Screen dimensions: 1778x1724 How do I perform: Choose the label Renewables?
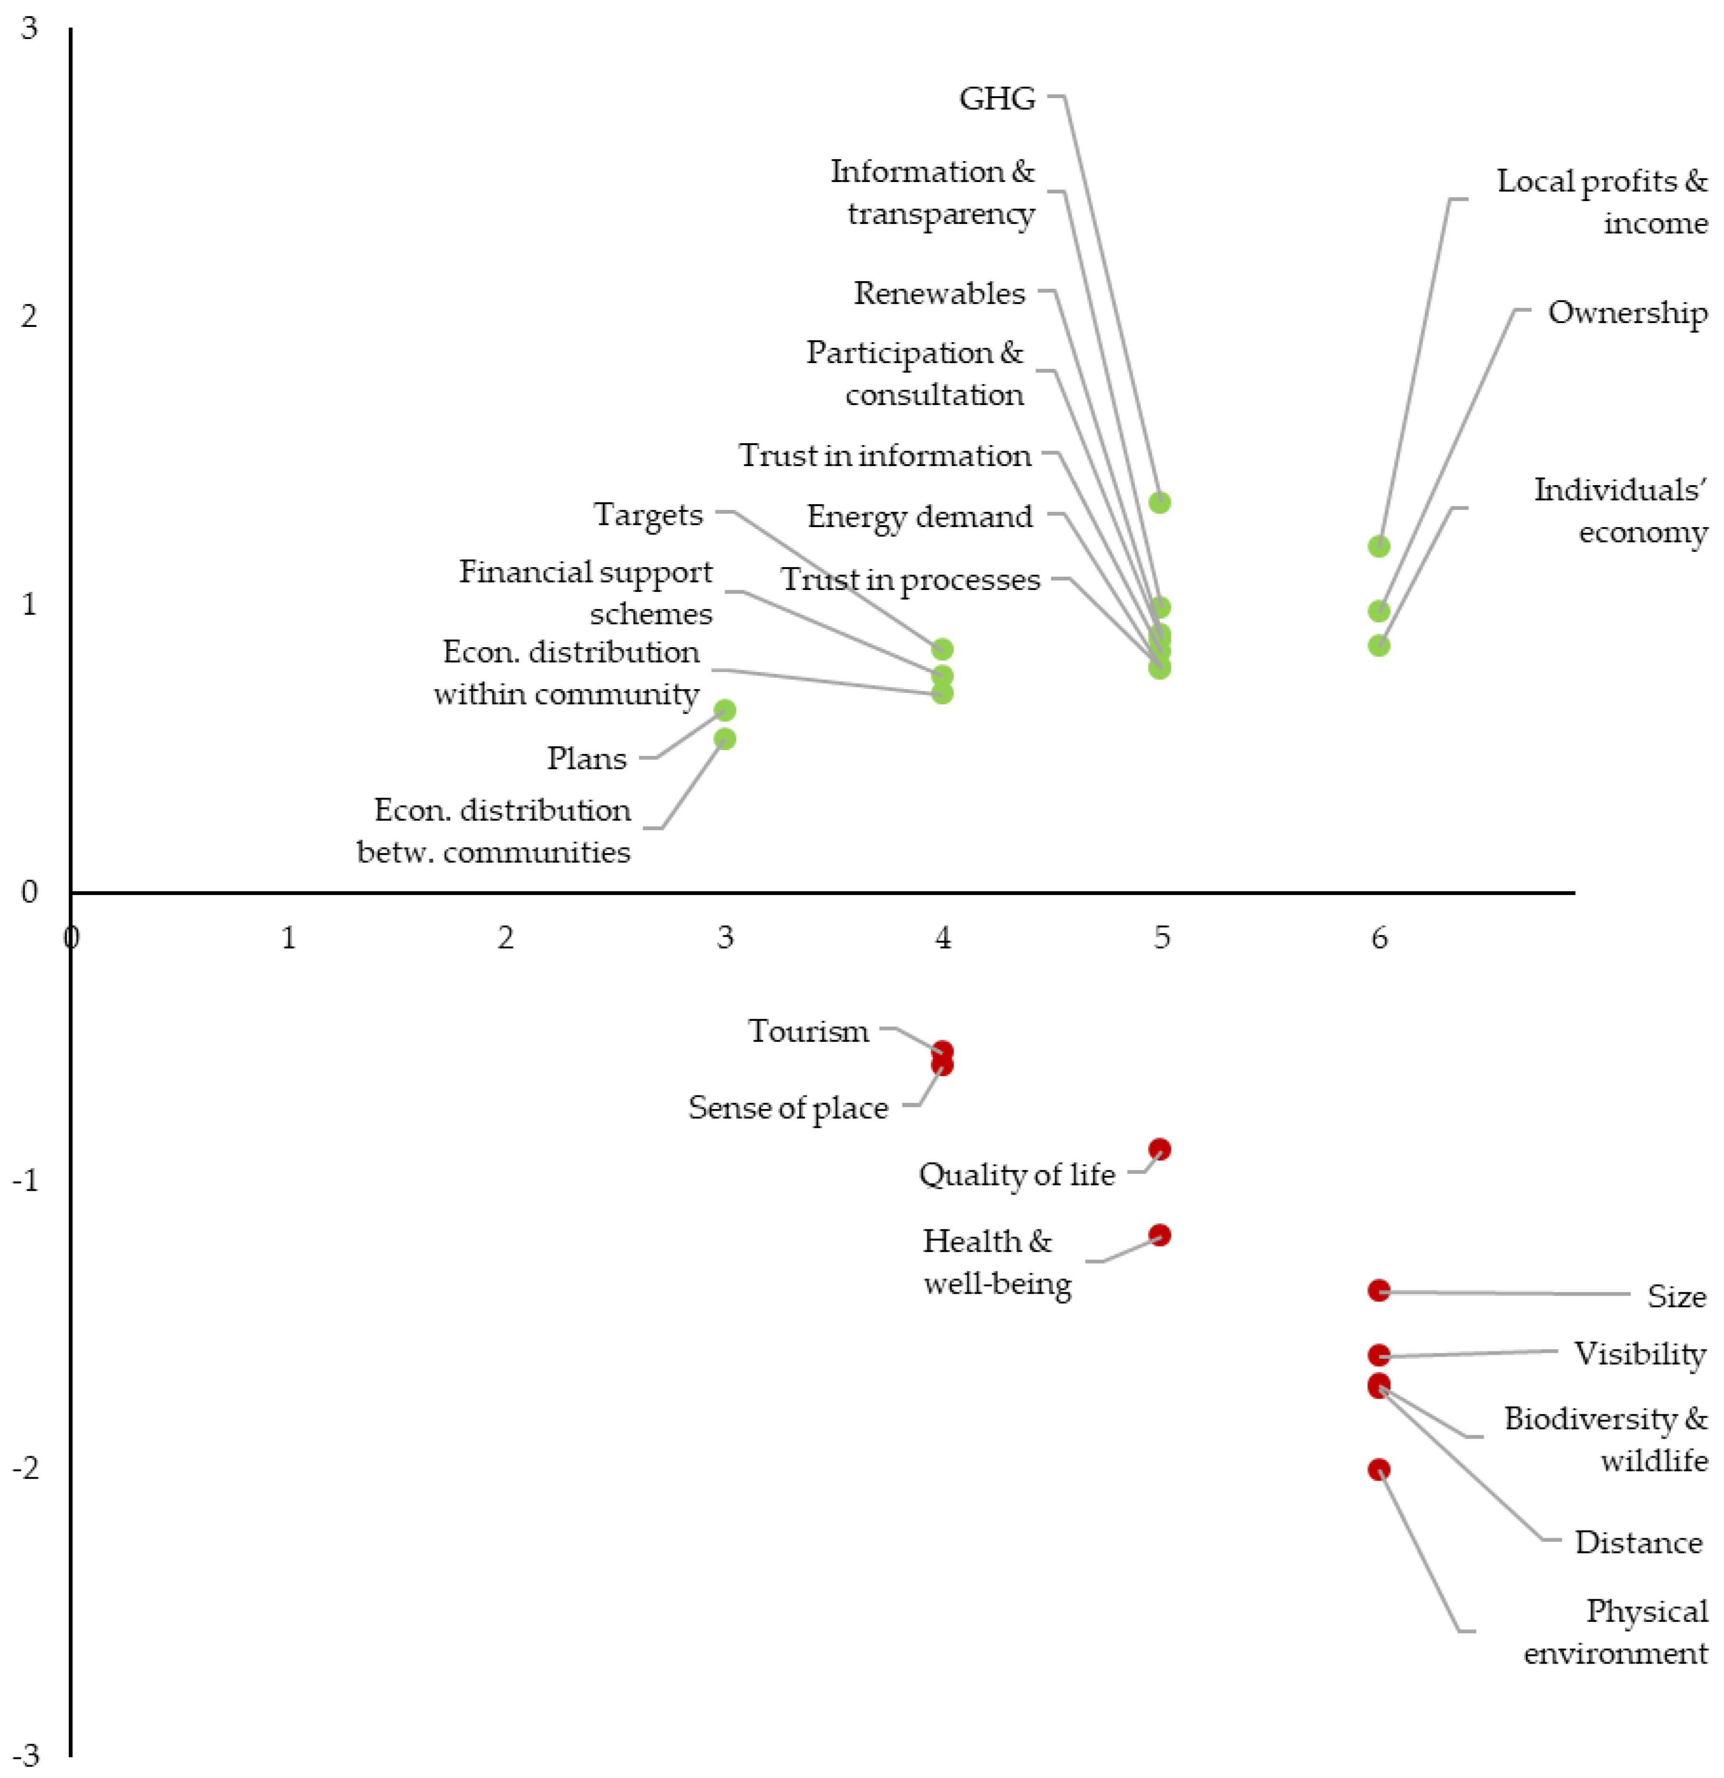(939, 293)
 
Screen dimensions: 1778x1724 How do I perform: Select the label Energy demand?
(919, 516)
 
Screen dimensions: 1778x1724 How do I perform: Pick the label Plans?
(586, 757)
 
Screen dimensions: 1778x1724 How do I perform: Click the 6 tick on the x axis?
(1379, 937)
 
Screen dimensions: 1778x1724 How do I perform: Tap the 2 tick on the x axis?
(505, 937)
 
